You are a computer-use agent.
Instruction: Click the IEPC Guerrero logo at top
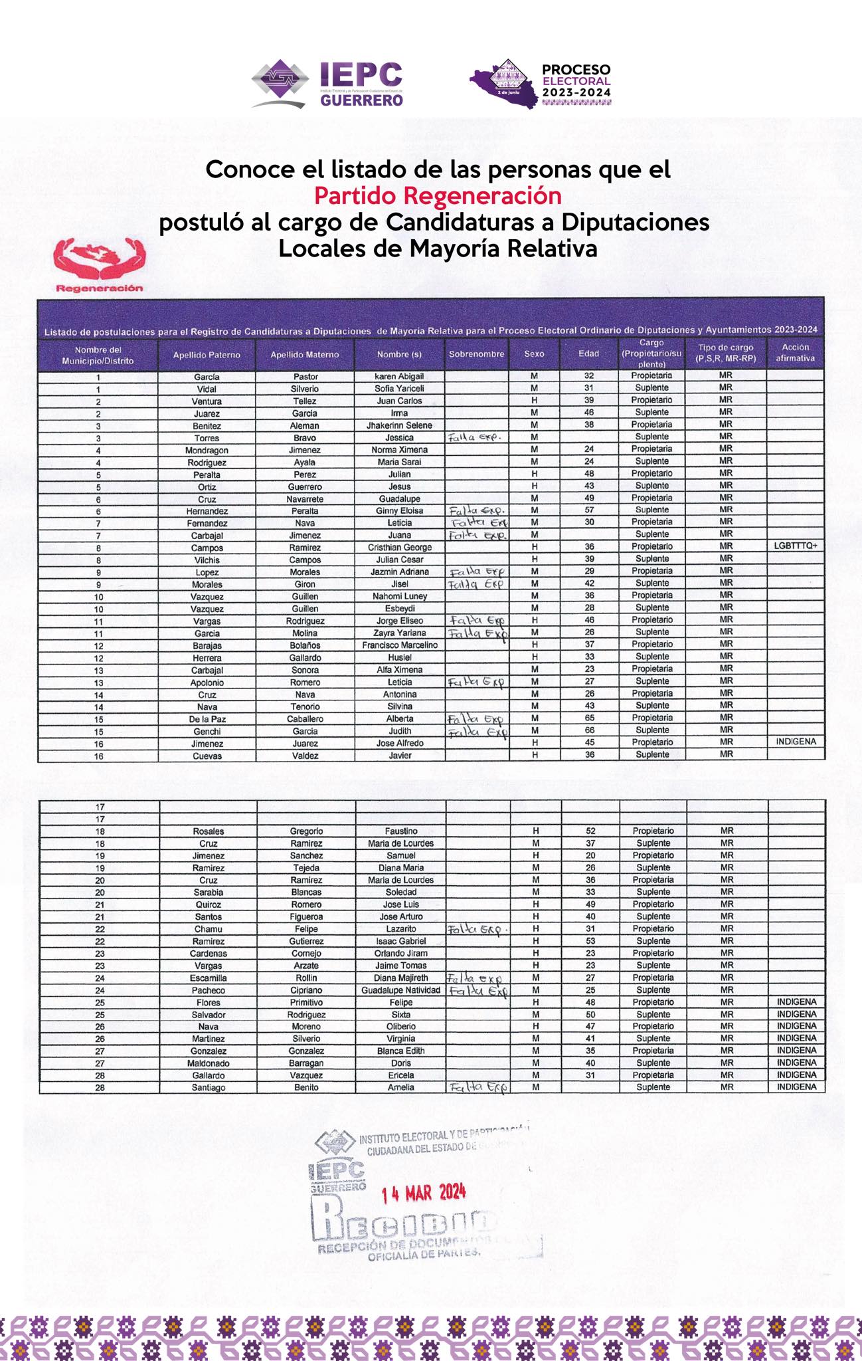coord(327,84)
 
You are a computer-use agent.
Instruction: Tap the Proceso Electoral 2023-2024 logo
coord(541,84)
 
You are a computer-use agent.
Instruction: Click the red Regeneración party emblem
coord(100,265)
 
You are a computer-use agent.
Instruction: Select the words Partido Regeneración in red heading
coord(438,196)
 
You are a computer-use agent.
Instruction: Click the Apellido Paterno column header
coord(207,355)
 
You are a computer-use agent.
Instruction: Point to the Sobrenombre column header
coord(476,354)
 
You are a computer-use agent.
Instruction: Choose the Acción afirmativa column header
coord(795,353)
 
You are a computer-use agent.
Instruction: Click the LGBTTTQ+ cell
coord(795,546)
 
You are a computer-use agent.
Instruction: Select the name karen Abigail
coord(399,376)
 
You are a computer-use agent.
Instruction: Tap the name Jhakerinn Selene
coord(399,425)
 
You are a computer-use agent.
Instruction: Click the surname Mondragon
coord(207,450)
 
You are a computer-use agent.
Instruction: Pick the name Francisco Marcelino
coord(400,645)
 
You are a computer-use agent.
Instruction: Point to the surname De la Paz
coord(207,719)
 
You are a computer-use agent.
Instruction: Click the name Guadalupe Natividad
coord(400,990)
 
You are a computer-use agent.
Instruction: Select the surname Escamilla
coord(209,978)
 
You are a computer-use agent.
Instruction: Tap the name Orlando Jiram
coord(400,954)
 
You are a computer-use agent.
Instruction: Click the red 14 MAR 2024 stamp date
coord(424,1193)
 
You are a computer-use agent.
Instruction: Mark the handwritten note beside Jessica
coord(474,437)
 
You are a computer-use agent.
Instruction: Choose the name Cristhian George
coord(399,548)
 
